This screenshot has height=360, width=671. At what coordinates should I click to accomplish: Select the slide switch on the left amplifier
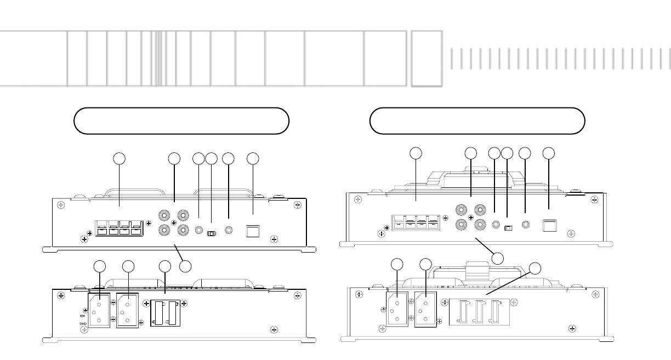coord(212,233)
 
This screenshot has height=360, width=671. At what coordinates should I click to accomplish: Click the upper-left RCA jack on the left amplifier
coord(163,216)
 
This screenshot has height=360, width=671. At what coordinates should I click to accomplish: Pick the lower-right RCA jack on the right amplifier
coord(481,224)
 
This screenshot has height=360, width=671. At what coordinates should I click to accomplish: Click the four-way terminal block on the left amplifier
coord(119,228)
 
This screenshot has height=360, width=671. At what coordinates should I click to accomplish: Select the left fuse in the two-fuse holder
coord(159,313)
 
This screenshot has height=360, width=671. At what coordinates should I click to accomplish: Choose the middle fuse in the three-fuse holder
coord(480,312)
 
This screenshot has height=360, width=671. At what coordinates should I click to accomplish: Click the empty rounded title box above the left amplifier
coord(181,121)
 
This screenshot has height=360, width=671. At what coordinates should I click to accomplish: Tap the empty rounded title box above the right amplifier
coord(477,121)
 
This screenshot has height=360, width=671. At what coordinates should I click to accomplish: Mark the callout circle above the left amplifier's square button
coord(253,159)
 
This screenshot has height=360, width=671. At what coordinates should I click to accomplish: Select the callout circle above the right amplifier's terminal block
coord(416,154)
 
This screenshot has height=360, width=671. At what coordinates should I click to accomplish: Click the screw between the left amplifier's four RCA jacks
coord(173,222)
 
